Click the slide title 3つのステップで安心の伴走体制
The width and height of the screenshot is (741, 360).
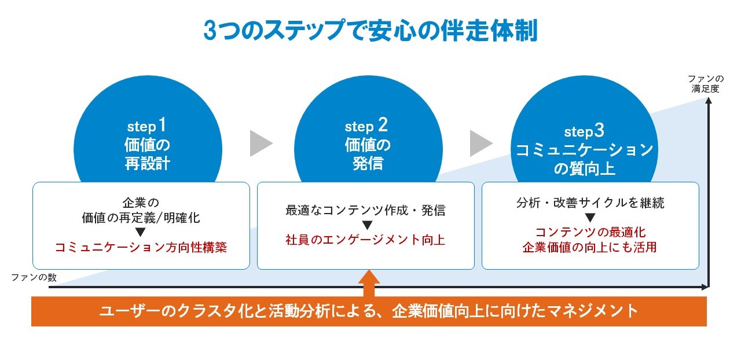370,31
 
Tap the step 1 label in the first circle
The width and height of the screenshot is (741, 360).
147,125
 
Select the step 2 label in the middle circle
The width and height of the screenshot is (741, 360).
367,125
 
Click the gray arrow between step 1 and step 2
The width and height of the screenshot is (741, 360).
261,143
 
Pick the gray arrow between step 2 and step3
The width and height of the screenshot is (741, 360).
480,143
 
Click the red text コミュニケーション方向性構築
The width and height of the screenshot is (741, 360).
141,248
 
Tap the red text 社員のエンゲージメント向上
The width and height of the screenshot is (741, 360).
365,240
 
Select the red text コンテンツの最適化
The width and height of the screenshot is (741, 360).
590,233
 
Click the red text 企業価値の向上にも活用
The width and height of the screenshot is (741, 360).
590,248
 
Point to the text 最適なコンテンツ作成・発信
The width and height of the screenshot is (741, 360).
365,210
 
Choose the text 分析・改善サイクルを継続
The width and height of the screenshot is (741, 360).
590,203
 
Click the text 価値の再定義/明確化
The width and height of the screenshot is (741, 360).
141,218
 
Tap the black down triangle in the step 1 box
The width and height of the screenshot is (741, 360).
141,233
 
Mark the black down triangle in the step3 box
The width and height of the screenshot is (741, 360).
590,218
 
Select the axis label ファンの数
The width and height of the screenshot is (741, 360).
34,277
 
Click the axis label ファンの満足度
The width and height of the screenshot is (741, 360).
706,84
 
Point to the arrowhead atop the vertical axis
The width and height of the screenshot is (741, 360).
708,101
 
